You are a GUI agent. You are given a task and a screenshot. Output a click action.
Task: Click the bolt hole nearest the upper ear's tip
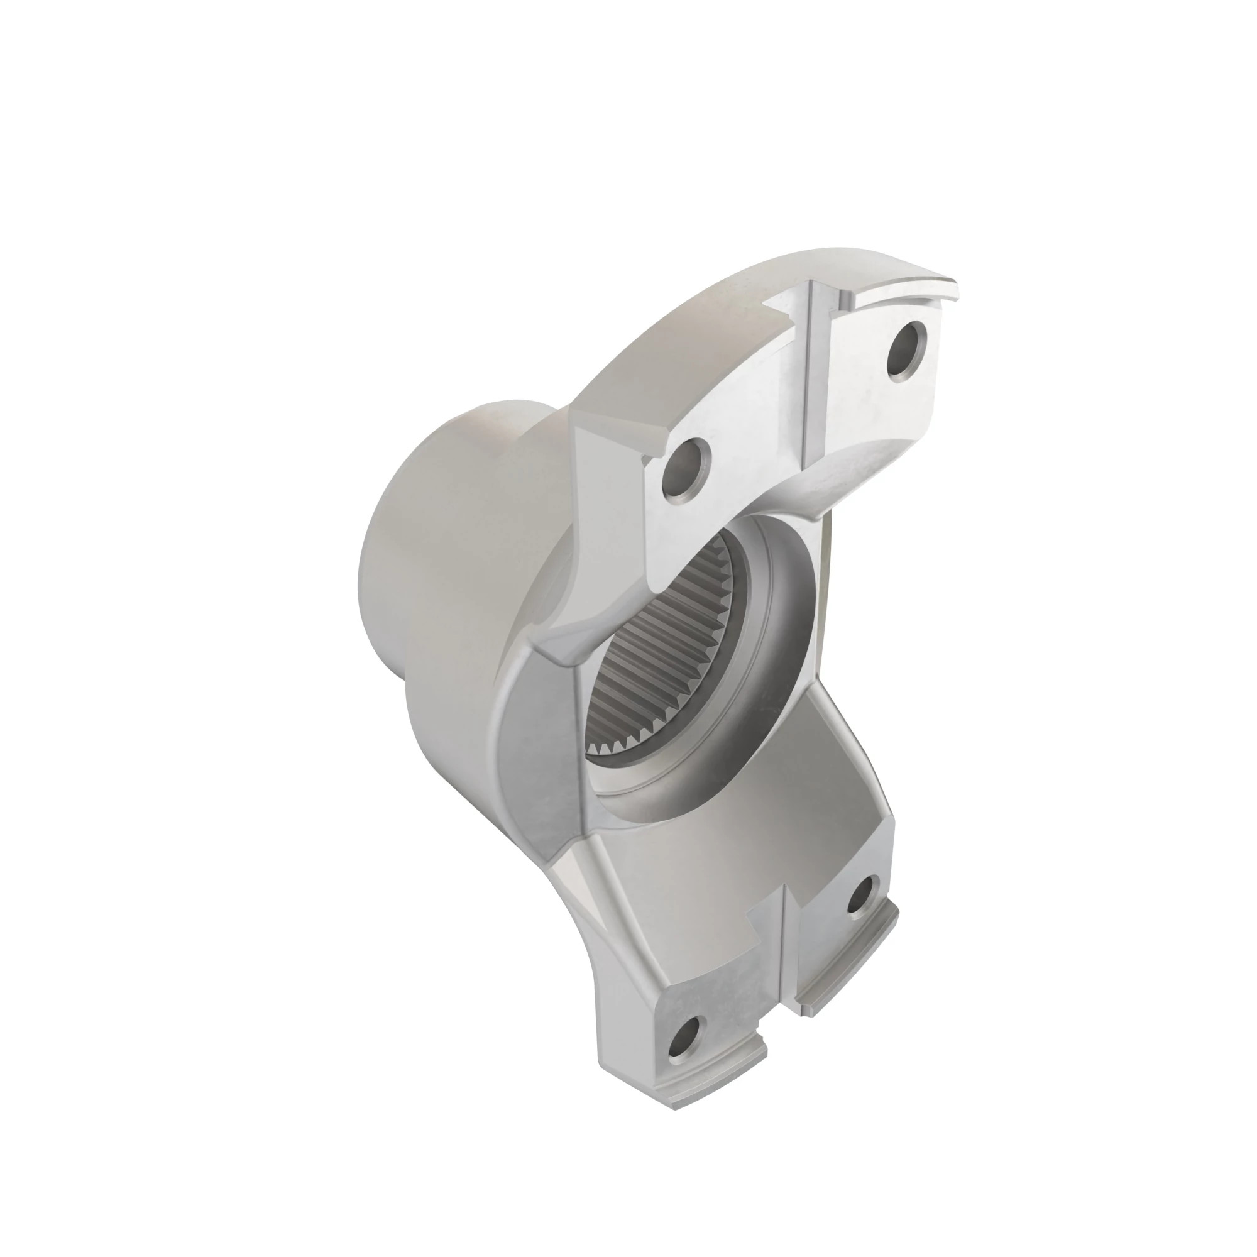pos(907,351)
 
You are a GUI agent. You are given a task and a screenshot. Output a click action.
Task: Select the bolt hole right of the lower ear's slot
pos(864,899)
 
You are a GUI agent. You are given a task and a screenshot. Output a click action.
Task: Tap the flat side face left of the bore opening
pos(540,748)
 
